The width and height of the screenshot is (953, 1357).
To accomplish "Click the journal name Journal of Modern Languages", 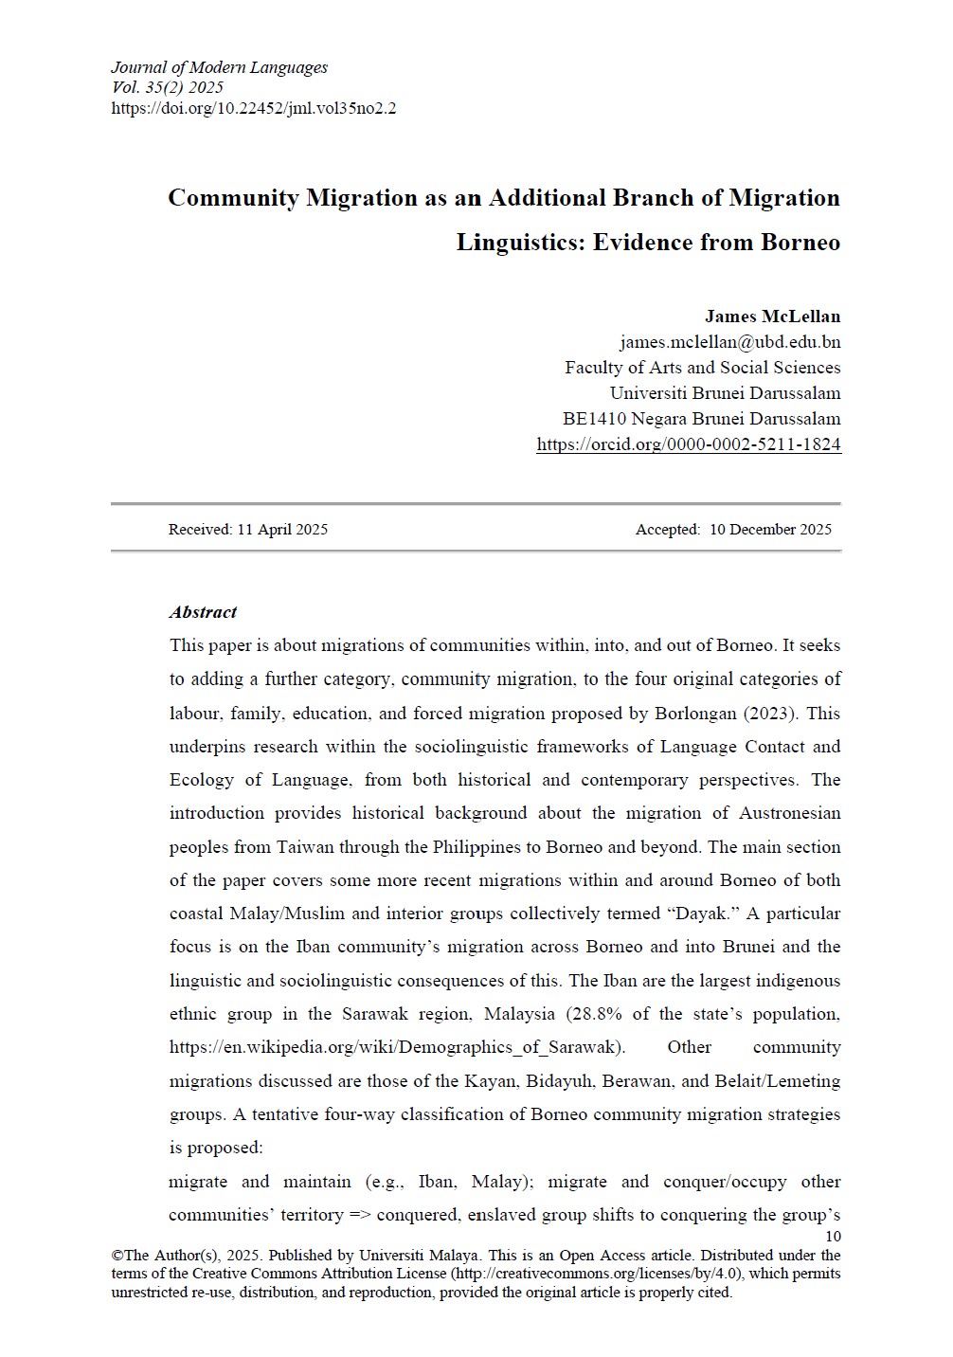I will click(x=219, y=67).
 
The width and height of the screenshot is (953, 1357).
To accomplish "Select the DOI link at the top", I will click(x=253, y=108).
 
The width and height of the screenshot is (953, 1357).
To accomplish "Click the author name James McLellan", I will click(x=772, y=317).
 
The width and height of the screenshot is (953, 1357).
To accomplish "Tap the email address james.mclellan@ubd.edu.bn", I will click(x=729, y=342).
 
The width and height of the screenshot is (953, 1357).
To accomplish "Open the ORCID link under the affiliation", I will click(x=688, y=444).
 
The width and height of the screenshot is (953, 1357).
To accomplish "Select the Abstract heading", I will click(x=203, y=612).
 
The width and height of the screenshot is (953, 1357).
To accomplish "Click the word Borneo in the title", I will click(x=800, y=243).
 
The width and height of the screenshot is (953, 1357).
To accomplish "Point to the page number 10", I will click(x=833, y=1237).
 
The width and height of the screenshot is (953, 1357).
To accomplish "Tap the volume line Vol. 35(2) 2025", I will click(x=168, y=88).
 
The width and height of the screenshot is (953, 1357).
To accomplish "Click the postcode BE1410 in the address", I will click(x=593, y=419).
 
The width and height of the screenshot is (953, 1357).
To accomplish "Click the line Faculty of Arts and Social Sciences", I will click(x=702, y=368).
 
